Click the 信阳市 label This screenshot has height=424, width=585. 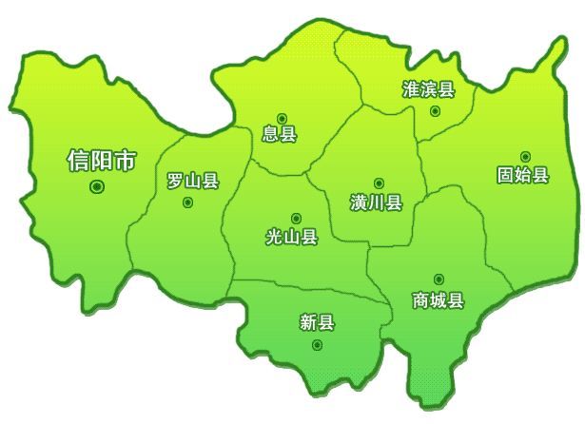coord(101,161)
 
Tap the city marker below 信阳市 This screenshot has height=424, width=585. coord(96,187)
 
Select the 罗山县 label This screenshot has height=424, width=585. coord(192,181)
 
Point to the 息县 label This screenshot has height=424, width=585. coord(280,135)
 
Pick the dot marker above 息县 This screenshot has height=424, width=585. coord(282,119)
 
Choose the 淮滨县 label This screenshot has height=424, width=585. coord(429,90)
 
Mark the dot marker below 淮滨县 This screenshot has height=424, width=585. coord(435,111)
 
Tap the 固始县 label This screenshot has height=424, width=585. coord(523,175)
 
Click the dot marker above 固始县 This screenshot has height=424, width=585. coord(525,157)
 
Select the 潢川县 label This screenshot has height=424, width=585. coord(377,202)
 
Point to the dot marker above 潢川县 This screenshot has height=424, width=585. coord(379,183)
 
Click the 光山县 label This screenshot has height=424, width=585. coord(291,237)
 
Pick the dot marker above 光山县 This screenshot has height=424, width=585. coord(296,219)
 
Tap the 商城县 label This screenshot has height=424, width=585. coord(438,300)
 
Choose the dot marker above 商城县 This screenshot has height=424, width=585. coord(439,279)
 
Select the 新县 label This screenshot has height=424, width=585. coord(317,323)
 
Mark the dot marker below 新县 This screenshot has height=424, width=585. coord(317,345)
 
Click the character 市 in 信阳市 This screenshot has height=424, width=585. coord(124,161)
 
